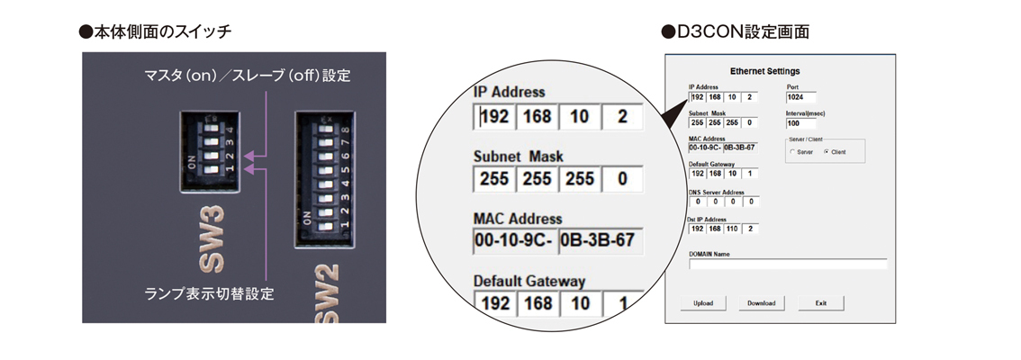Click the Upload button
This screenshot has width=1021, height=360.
(703, 303)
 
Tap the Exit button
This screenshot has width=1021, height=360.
(820, 303)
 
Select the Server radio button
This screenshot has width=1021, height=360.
(792, 152)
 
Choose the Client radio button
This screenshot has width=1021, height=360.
(827, 152)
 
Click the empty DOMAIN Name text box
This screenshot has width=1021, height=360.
(788, 264)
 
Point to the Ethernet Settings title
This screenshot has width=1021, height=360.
(764, 71)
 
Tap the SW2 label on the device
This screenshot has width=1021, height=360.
(327, 297)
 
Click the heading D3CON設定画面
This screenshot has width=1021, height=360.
(736, 32)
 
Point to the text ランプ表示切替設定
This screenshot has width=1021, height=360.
(209, 293)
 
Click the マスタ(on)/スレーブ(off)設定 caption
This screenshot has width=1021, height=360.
(248, 76)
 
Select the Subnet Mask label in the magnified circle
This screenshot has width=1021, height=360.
(518, 156)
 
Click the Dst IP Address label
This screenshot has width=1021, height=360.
(708, 219)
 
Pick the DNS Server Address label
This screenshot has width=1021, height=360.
(717, 192)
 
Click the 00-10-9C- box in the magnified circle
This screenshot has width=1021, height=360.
(512, 240)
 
